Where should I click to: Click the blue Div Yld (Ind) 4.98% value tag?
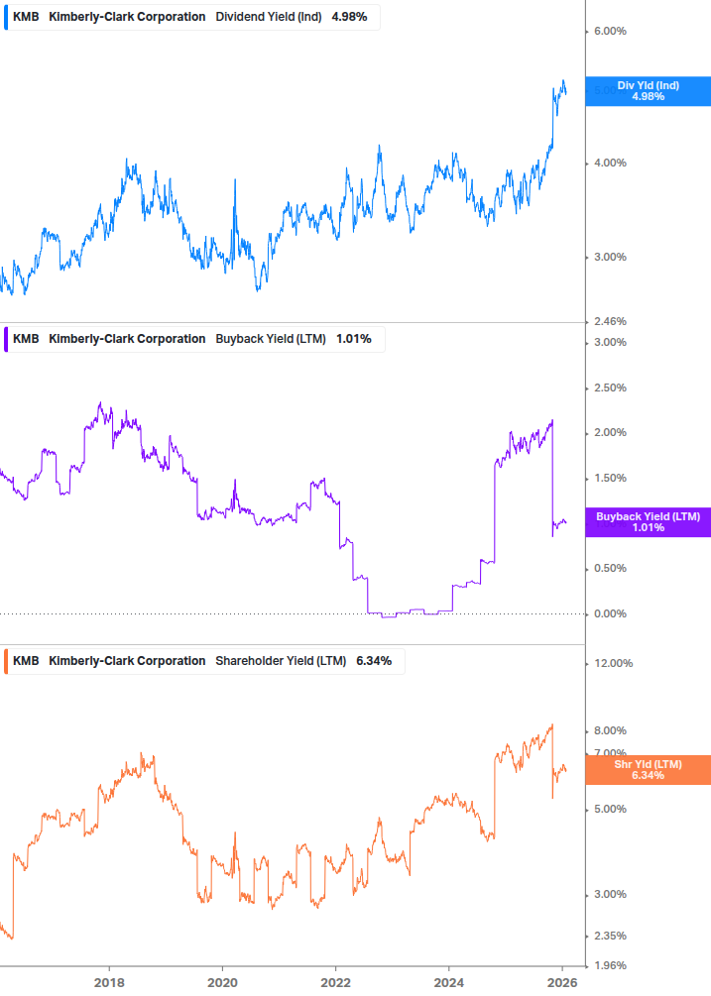point(648,90)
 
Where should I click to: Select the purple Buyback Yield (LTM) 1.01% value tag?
point(648,521)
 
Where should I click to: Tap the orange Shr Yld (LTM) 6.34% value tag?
point(648,769)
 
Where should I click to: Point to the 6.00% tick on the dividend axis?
point(609,31)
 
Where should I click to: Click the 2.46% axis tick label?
point(609,321)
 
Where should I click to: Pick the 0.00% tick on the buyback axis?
point(609,613)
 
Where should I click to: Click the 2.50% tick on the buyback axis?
point(609,387)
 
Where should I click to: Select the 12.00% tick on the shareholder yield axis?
point(611,663)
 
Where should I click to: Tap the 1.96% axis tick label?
point(609,964)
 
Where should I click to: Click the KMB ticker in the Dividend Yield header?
point(26,17)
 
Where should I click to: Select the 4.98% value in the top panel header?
point(350,17)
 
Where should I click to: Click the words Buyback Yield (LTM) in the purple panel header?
point(270,339)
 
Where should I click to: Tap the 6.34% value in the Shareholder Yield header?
point(374,661)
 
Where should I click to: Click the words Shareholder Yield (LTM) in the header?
point(280,661)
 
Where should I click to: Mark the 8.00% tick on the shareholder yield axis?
point(609,730)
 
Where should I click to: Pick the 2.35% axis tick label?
point(609,936)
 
